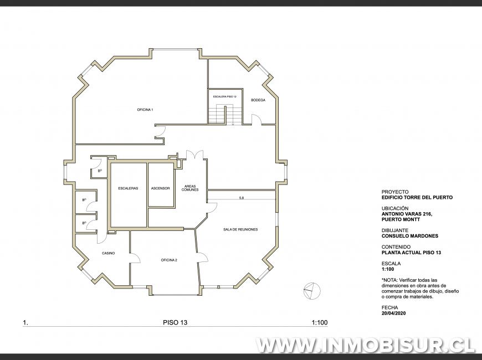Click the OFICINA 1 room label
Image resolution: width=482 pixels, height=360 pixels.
pyautogui.click(x=145, y=110)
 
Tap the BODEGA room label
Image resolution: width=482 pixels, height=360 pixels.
pyautogui.click(x=258, y=100)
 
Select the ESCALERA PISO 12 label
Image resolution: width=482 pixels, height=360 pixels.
pyautogui.click(x=224, y=96)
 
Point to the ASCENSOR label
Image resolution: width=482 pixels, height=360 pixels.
pyautogui.click(x=161, y=188)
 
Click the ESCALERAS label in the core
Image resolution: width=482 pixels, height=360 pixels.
pyautogui.click(x=128, y=188)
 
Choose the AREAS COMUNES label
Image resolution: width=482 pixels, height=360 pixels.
pyautogui.click(x=190, y=188)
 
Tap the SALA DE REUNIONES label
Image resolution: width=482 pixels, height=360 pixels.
pyautogui.click(x=240, y=229)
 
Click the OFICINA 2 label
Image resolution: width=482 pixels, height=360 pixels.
pyautogui.click(x=169, y=260)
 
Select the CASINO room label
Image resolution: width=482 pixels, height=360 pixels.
pyautogui.click(x=108, y=253)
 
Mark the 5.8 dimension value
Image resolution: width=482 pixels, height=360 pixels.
pyautogui.click(x=241, y=198)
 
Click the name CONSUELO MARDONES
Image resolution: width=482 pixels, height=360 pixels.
pyautogui.click(x=409, y=236)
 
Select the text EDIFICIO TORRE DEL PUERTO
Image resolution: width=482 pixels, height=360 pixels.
pyautogui.click(x=417, y=197)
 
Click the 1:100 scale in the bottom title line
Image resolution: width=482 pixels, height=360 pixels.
pyautogui.click(x=320, y=322)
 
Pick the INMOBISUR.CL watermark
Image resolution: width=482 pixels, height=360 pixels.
pyautogui.click(x=366, y=345)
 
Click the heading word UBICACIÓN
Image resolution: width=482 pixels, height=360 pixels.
pyautogui.click(x=396, y=208)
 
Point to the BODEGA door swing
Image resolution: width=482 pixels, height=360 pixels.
pyautogui.click(x=256, y=120)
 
